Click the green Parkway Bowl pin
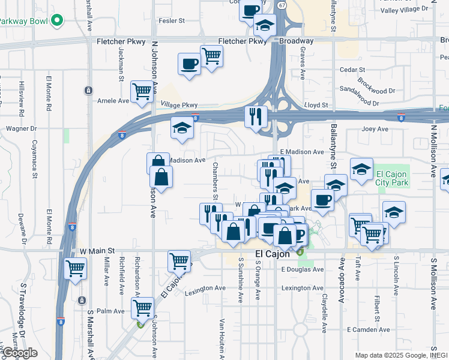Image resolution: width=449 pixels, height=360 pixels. coord(57,21)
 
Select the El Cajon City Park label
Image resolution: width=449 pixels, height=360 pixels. coord(392,178)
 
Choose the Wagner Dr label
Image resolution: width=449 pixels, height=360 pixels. coord(22,128)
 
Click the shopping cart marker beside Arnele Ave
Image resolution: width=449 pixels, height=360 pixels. coord(142,91)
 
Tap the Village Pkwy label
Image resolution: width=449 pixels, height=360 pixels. coord(179,104)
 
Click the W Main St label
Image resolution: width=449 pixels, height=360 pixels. coord(96,251)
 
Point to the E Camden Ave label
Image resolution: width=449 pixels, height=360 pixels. coord(368,329)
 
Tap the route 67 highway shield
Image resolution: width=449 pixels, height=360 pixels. coord(282,4)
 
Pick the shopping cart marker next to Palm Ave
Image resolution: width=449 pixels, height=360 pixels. coord(142,308)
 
